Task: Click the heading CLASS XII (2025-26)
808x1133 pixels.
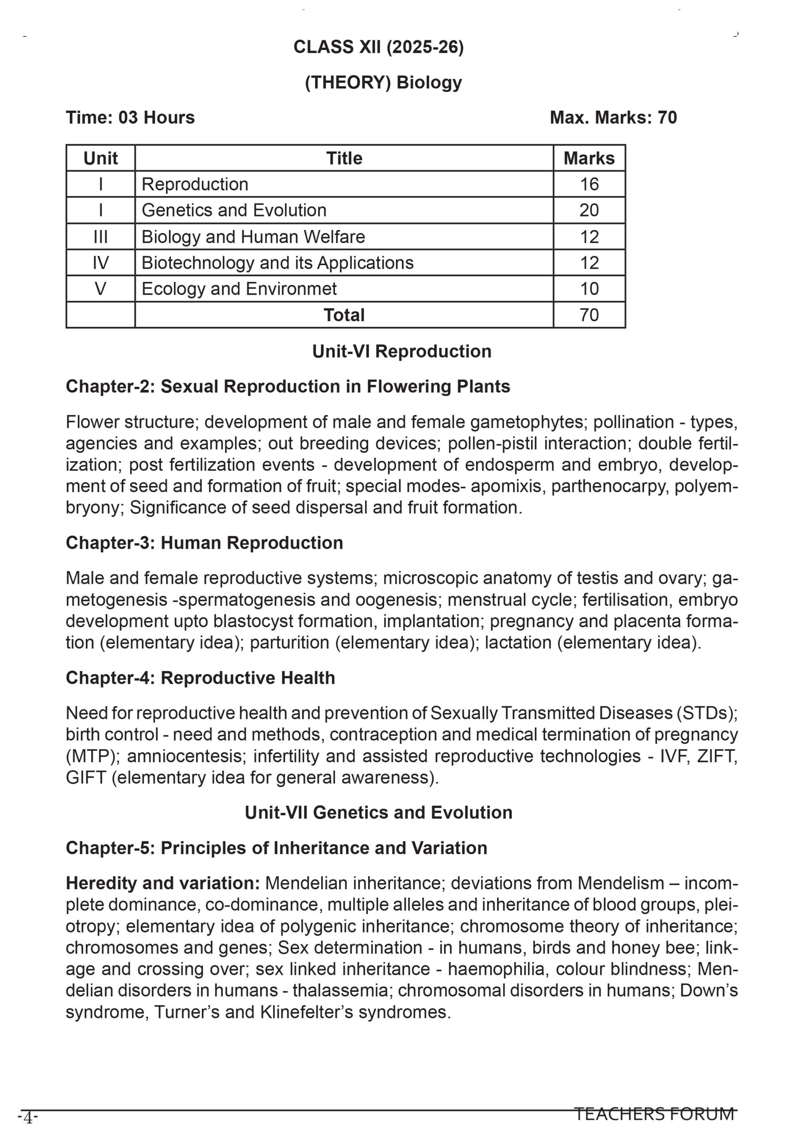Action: coord(378,47)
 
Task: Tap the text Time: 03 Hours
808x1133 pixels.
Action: coord(131,117)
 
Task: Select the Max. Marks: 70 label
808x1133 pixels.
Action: coord(613,117)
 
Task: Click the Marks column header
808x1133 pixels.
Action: coord(589,158)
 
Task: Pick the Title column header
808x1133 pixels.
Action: coord(344,158)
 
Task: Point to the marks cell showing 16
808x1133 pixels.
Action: coord(589,184)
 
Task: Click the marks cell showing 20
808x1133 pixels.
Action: coord(589,210)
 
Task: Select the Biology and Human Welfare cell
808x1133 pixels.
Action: coord(253,236)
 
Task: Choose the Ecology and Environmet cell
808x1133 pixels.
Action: coord(239,289)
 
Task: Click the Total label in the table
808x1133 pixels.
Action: coord(344,315)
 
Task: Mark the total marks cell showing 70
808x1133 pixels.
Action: coord(589,315)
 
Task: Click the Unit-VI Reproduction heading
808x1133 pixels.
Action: coord(401,351)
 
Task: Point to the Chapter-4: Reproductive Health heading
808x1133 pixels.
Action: coord(200,678)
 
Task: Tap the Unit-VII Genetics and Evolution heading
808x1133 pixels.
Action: coord(378,813)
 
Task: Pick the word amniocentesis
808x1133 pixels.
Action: coord(187,756)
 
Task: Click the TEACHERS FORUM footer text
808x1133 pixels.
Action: coord(654,1114)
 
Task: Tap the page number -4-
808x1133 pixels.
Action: coord(28,1118)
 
